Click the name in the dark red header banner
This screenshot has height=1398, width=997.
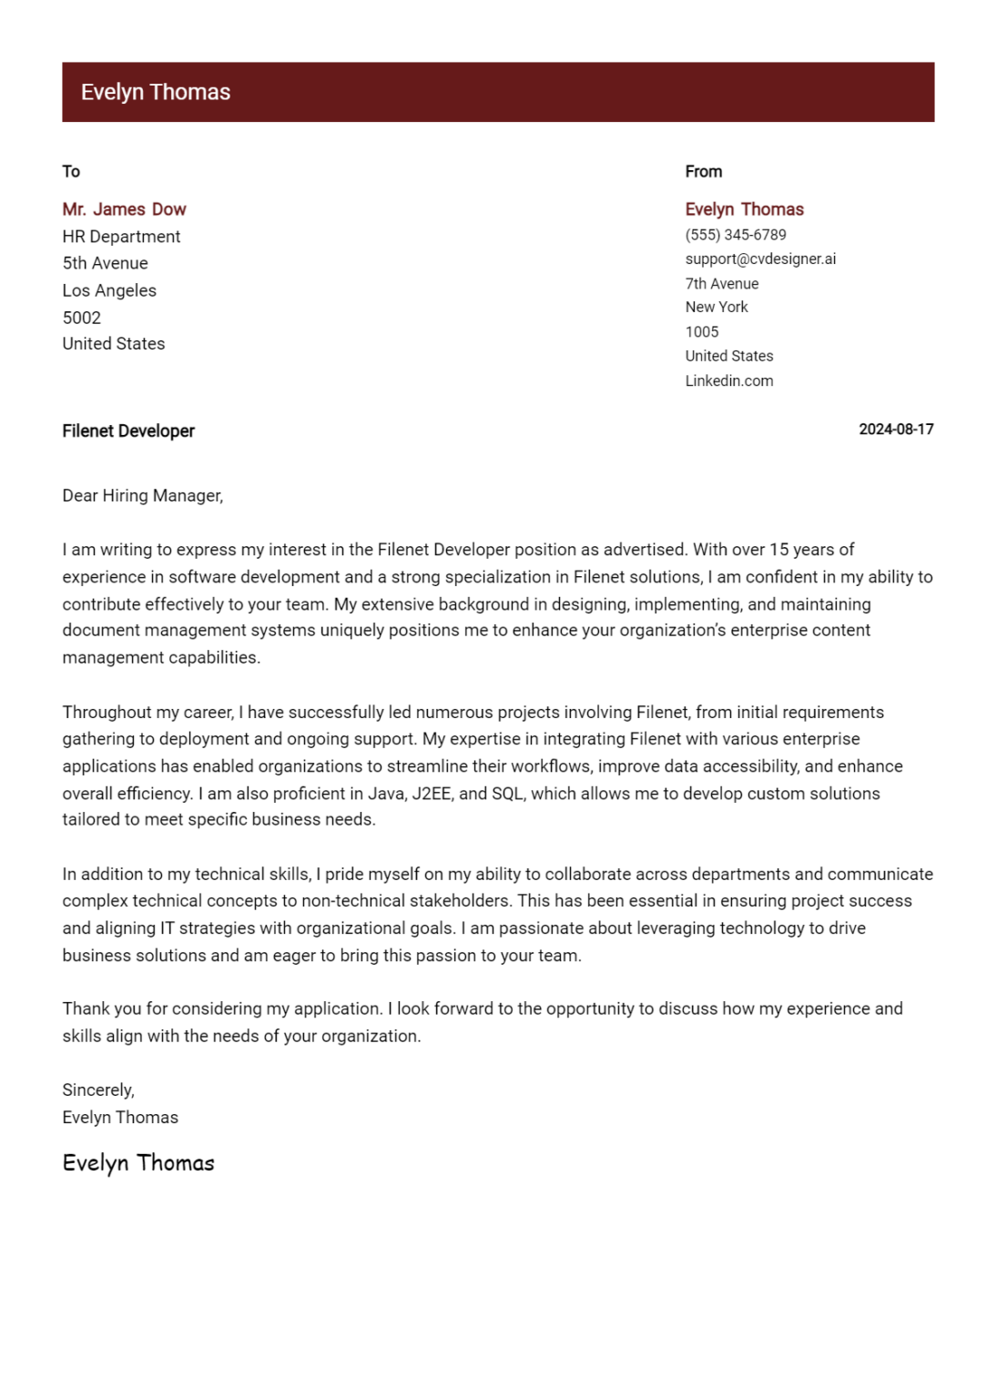(x=155, y=92)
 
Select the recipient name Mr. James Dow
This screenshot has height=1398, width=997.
(x=124, y=209)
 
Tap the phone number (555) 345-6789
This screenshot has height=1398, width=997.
(x=735, y=235)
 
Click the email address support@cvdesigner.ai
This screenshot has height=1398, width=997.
(x=759, y=258)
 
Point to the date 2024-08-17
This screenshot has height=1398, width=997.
(x=895, y=430)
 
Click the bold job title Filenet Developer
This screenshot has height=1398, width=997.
(x=128, y=431)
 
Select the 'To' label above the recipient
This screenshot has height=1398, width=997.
(x=71, y=171)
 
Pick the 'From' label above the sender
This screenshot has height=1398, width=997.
(x=703, y=171)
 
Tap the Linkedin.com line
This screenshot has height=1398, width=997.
(x=728, y=380)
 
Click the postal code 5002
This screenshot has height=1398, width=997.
(x=81, y=318)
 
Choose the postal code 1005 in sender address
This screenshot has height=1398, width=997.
(x=701, y=331)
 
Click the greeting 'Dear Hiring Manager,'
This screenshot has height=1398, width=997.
(x=142, y=495)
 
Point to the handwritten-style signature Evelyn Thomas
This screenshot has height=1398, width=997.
(x=138, y=1163)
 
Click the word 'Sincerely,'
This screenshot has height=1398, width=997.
(x=98, y=1089)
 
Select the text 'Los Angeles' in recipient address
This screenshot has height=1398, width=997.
(x=109, y=290)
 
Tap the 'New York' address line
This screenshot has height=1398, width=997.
(x=716, y=307)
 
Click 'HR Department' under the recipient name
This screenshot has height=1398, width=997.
(x=121, y=237)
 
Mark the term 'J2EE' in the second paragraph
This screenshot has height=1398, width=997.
(x=432, y=793)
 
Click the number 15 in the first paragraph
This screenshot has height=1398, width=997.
(x=778, y=550)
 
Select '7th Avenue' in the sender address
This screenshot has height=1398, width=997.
(x=721, y=283)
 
